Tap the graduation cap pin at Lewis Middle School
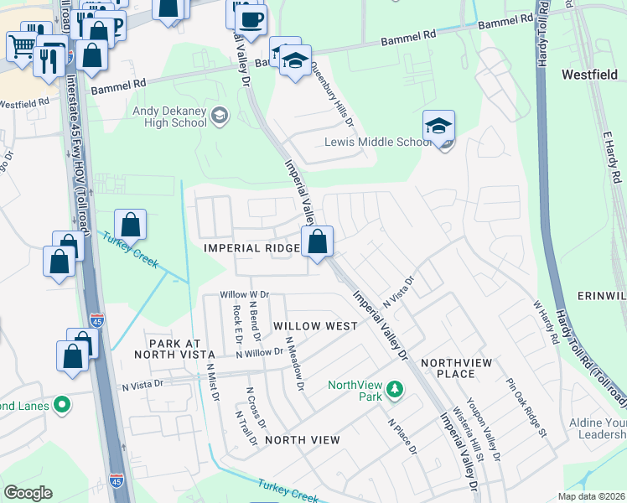[x=438, y=127]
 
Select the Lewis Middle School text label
[x=377, y=142]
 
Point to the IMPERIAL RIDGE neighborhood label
[x=251, y=249]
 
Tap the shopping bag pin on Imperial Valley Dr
[x=318, y=243]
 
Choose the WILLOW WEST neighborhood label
[x=308, y=324]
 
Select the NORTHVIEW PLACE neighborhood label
[x=459, y=368]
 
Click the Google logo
[x=28, y=493]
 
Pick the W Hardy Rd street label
[x=544, y=322]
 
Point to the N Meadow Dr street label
[x=293, y=364]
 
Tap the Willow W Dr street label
[x=244, y=295]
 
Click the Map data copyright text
[x=590, y=496]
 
